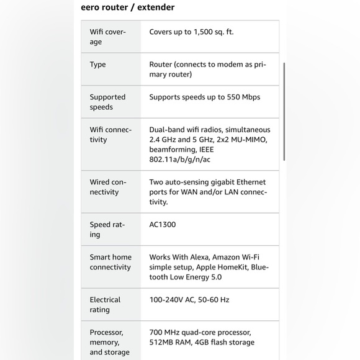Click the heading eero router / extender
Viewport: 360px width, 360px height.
128,7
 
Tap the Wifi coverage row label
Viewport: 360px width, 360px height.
107,37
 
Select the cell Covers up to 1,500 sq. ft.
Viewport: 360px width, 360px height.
191,32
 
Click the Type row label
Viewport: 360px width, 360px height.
97,65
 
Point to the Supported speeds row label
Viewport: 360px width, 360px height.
107,102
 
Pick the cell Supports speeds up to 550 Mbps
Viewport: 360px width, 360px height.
204,97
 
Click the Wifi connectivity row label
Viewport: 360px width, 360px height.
110,135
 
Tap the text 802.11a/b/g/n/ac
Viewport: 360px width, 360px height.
180,160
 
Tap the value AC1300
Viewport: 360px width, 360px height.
162,225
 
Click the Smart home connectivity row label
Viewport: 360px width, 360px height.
110,262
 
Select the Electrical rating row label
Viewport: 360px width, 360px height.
105,305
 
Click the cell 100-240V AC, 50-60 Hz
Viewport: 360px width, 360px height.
189,300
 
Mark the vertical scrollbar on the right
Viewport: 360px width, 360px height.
285,112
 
